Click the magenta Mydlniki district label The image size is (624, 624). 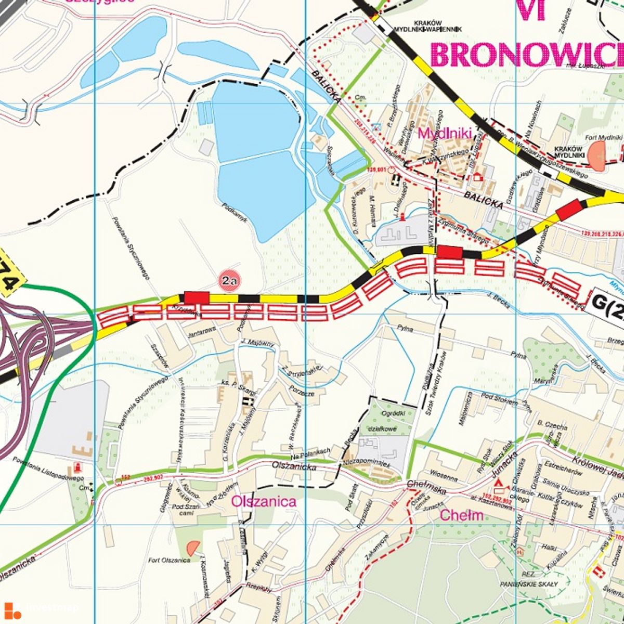click(x=444, y=133)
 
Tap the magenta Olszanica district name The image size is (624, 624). click(x=264, y=501)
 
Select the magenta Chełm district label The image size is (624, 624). click(x=462, y=515)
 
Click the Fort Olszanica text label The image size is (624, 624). click(x=169, y=560)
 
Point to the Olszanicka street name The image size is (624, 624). click(x=295, y=467)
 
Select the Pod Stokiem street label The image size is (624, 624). click(x=500, y=402)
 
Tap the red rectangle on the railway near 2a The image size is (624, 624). click(x=197, y=297)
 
